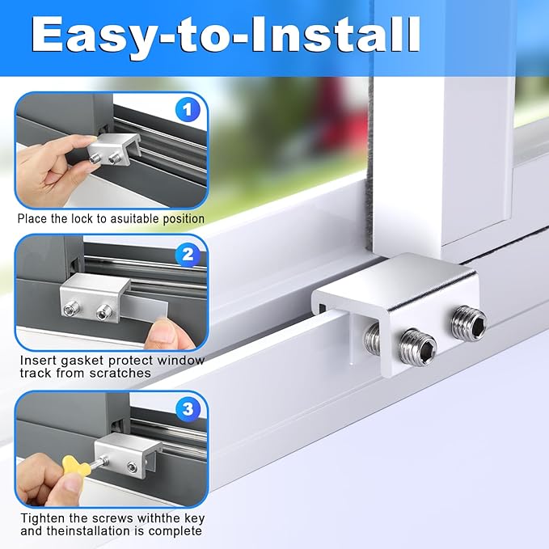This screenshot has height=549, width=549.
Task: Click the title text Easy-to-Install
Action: pyautogui.click(x=227, y=36)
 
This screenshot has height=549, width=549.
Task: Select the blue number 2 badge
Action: pyautogui.click(x=188, y=255)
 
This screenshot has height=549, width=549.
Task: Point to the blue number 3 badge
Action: pyautogui.click(x=188, y=410)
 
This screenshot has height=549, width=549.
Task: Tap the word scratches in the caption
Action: pyautogui.click(x=125, y=374)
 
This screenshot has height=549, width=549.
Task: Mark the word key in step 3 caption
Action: pyautogui.click(x=189, y=518)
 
